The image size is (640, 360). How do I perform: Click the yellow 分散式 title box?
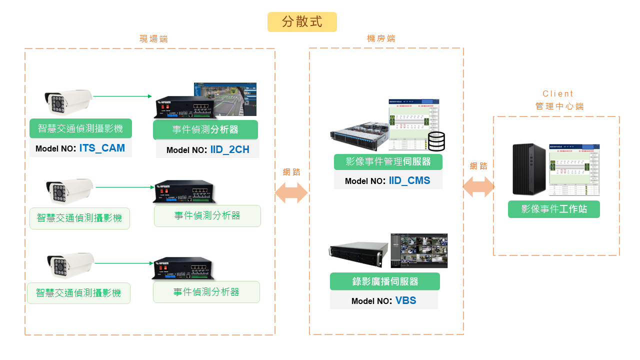click(302, 22)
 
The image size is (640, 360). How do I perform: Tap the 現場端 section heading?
click(153, 39)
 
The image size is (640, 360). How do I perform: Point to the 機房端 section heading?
click(381, 38)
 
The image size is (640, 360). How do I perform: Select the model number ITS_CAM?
click(102, 148)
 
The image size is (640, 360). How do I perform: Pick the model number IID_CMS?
click(409, 180)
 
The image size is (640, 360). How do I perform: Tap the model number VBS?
click(405, 300)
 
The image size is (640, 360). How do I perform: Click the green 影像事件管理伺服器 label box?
click(389, 161)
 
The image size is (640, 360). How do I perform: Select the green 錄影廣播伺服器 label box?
click(384, 281)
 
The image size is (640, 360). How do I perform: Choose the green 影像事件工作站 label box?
click(553, 209)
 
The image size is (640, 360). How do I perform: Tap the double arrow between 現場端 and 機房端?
click(291, 192)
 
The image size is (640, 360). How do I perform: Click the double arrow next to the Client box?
click(478, 187)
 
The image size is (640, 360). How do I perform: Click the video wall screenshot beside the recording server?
click(419, 250)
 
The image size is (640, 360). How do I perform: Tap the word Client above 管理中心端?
click(558, 93)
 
